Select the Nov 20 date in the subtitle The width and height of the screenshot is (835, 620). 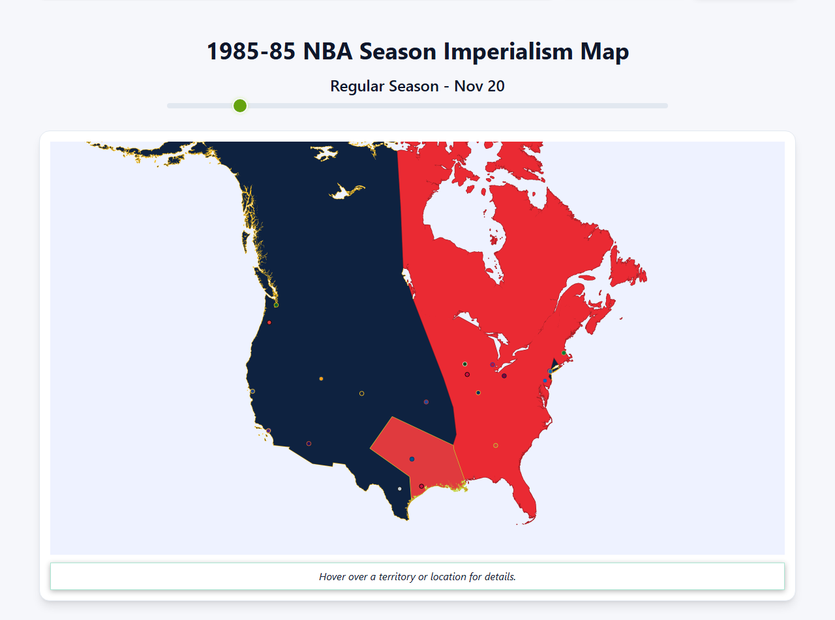pyautogui.click(x=479, y=86)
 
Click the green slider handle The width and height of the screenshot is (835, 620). pyautogui.click(x=240, y=106)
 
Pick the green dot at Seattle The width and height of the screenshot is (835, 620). pyautogui.click(x=276, y=305)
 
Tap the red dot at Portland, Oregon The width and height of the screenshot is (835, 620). pyautogui.click(x=269, y=322)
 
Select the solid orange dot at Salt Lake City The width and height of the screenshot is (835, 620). pyautogui.click(x=321, y=379)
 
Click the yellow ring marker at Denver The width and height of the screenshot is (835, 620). pyautogui.click(x=361, y=394)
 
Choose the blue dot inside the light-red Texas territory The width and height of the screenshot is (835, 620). pyautogui.click(x=412, y=459)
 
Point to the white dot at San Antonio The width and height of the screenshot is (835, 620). pyautogui.click(x=400, y=489)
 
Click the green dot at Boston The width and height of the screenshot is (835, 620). pyautogui.click(x=564, y=352)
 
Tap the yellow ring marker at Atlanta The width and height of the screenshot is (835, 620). pyautogui.click(x=495, y=446)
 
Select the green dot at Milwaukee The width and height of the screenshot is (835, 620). pyautogui.click(x=464, y=364)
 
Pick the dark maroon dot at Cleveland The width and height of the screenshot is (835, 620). pyautogui.click(x=504, y=376)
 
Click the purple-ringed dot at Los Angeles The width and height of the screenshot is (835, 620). pyautogui.click(x=268, y=431)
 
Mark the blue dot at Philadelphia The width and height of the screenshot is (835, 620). pyautogui.click(x=545, y=380)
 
